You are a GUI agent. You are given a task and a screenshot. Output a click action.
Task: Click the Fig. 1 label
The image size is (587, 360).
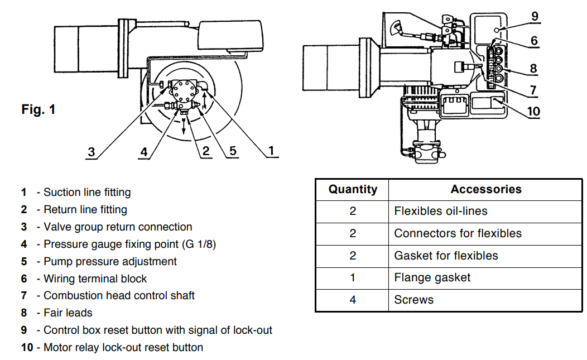click(39, 109)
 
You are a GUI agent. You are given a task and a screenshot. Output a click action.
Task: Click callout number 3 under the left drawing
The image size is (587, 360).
click(92, 152)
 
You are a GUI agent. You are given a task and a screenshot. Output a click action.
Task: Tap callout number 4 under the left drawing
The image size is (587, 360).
click(144, 152)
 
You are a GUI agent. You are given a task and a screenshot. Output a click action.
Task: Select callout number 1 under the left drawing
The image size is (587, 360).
click(271, 151)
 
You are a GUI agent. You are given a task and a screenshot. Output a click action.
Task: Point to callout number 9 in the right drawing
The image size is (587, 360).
click(535, 16)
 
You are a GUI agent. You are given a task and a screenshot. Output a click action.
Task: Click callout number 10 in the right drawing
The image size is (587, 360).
click(533, 111)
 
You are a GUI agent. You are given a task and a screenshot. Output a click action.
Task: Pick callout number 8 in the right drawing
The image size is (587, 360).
click(533, 69)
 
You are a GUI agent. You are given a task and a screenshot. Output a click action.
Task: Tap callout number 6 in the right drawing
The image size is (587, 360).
click(534, 41)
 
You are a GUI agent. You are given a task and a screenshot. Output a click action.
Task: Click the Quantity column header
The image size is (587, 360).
click(353, 189)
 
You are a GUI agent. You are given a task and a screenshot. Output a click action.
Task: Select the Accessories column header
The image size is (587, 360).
click(485, 189)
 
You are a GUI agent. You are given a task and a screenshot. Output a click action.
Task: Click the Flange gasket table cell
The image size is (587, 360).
click(432, 277)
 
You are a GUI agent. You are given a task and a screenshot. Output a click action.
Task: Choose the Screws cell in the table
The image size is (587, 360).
click(413, 300)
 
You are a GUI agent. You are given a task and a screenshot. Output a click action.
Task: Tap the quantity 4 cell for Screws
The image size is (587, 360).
click(353, 300)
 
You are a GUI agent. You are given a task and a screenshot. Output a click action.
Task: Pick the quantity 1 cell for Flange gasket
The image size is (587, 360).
click(353, 277)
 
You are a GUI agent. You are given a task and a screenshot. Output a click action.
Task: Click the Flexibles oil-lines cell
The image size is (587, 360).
click(440, 211)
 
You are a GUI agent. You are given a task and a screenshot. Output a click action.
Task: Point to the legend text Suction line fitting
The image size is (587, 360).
click(87, 193)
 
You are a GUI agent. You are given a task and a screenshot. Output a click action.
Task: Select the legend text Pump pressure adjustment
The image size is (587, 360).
click(110, 261)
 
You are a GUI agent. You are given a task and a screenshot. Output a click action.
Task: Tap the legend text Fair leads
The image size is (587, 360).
click(68, 313)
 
